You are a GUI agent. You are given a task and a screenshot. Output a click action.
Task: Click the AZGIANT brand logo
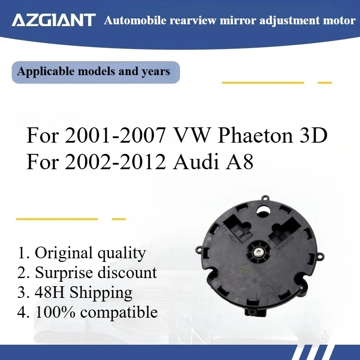click(54, 20)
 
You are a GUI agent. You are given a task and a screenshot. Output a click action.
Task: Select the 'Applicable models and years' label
click(94, 72)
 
